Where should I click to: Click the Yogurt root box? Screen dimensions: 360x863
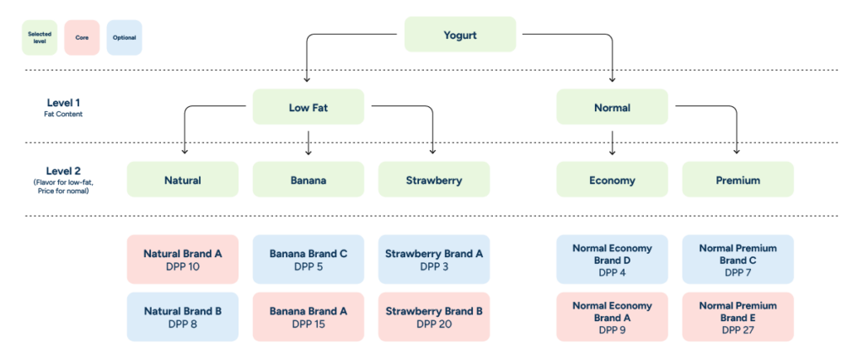[x=460, y=35]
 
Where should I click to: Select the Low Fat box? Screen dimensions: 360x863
[x=308, y=107]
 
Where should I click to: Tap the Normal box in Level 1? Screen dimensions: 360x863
[x=612, y=107]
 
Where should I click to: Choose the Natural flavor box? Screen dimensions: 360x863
[x=182, y=180]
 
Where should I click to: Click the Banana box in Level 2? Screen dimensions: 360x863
[x=308, y=180]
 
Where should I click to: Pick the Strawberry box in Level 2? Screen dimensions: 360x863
[x=434, y=180]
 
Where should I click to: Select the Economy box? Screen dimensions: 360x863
[x=612, y=180]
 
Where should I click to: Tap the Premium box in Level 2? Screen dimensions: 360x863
[x=737, y=180]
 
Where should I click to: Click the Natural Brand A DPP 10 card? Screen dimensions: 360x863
[x=182, y=259]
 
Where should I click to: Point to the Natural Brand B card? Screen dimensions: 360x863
[x=182, y=317]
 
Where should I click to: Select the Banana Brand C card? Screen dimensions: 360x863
[x=308, y=259]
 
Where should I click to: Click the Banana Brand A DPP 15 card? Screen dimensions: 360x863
[x=308, y=317]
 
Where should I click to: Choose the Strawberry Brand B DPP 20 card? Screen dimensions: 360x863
[x=434, y=317]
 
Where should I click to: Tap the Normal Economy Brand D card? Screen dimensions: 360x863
[x=612, y=259]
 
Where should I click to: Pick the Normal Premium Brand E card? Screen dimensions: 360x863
[x=737, y=317]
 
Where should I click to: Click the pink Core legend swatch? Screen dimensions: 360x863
[x=82, y=38]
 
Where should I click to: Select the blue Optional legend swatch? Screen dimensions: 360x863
[x=124, y=38]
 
